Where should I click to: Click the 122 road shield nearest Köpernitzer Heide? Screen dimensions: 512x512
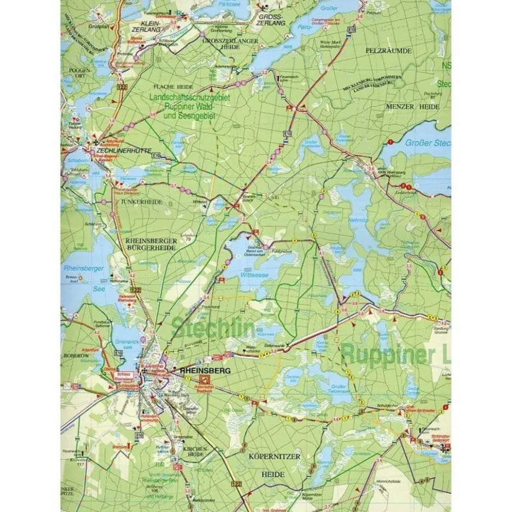click(x=235, y=483)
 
